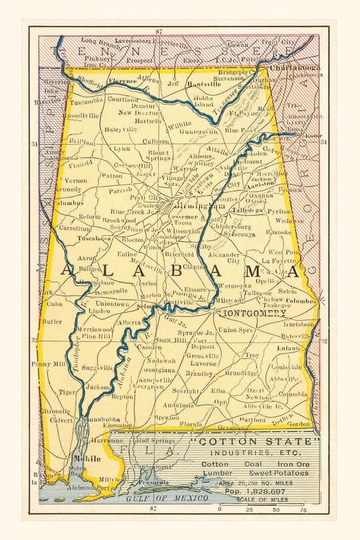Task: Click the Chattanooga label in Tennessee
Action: pos(292,67)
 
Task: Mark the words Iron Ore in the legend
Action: pos(290,463)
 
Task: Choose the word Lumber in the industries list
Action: pos(217,473)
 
